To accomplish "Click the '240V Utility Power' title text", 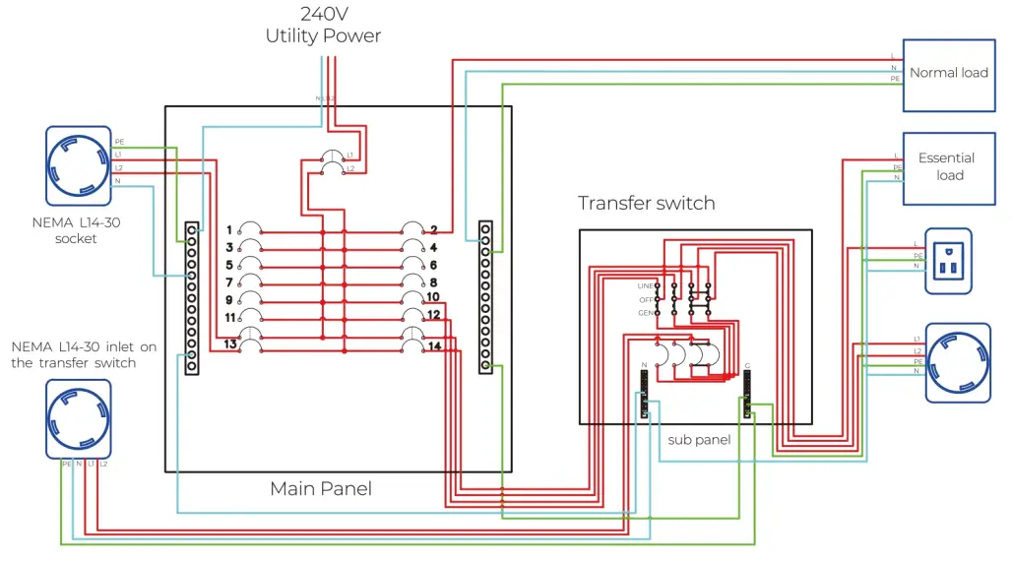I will [323, 25].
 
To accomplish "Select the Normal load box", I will [948, 72].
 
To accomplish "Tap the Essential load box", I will [948, 167].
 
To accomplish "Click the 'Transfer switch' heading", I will [646, 204].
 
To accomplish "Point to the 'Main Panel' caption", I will [321, 488].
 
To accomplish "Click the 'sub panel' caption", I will [699, 440].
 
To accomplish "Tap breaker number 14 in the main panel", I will [413, 344].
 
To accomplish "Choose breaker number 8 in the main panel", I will [413, 281].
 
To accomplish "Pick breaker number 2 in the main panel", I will [413, 229].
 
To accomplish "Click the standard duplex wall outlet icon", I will [948, 262].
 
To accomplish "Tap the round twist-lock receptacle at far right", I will [956, 363].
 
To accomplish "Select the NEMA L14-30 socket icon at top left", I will [78, 164].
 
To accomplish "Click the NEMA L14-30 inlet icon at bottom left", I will [78, 418].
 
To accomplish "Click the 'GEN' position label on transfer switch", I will [645, 312].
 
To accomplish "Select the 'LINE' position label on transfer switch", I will [645, 285].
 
